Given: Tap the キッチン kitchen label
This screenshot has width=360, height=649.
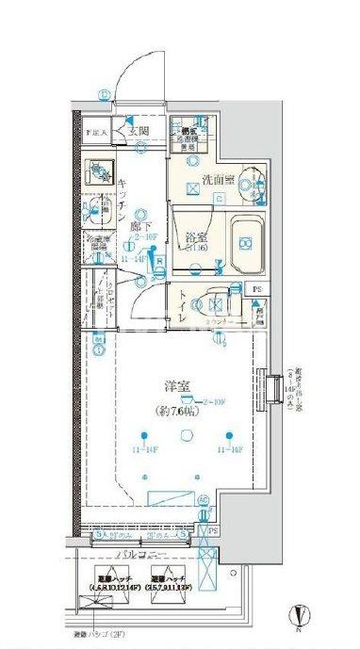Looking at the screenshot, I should coord(122,201).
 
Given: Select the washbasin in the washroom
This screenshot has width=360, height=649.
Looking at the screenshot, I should coord(247,179).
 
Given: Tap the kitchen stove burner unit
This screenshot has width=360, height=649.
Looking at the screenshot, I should coord(99,172).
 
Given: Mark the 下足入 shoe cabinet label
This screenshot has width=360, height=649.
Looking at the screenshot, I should coord(97,133).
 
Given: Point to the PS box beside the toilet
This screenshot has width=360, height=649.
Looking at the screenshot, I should coord(256,289).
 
